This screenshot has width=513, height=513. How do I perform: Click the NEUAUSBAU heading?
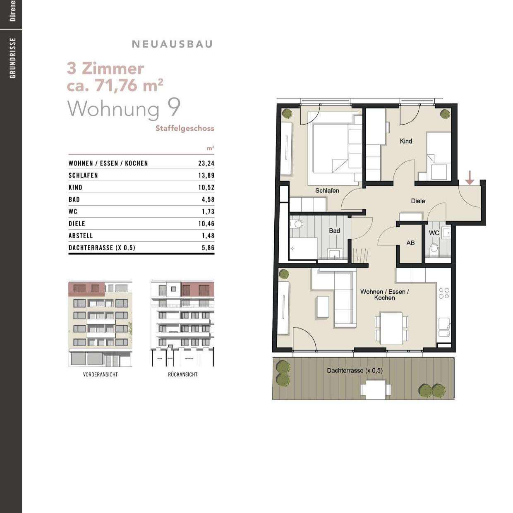click(x=172, y=44)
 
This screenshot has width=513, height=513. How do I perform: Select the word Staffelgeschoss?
click(x=185, y=128)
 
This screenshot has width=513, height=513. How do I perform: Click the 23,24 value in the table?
click(x=206, y=163)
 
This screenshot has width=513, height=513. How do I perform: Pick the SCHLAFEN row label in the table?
click(x=83, y=175)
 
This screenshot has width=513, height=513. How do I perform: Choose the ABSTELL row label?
click(x=81, y=236)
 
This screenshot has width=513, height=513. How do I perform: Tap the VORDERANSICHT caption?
click(x=100, y=374)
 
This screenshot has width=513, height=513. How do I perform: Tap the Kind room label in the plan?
click(x=406, y=141)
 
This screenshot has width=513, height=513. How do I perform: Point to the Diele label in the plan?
click(x=418, y=201)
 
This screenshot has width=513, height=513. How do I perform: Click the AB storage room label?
click(x=410, y=243)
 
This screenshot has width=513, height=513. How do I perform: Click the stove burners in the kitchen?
click(x=444, y=293)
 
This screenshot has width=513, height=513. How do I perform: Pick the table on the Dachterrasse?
click(x=375, y=389)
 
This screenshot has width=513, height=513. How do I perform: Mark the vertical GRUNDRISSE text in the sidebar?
click(x=13, y=58)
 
